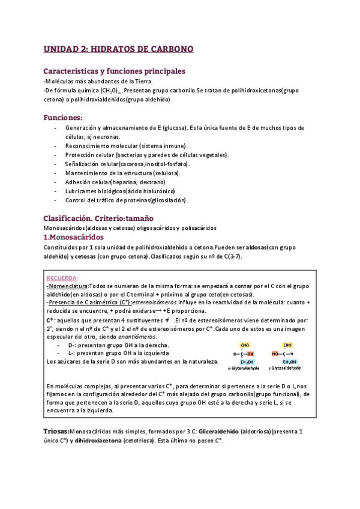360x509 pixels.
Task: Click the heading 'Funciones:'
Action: click(64, 117)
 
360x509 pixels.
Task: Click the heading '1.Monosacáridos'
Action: click(77, 237)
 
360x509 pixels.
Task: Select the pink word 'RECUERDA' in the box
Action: click(62, 279)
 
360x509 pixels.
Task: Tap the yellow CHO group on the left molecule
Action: click(245, 345)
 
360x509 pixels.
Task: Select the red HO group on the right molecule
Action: click(275, 354)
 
